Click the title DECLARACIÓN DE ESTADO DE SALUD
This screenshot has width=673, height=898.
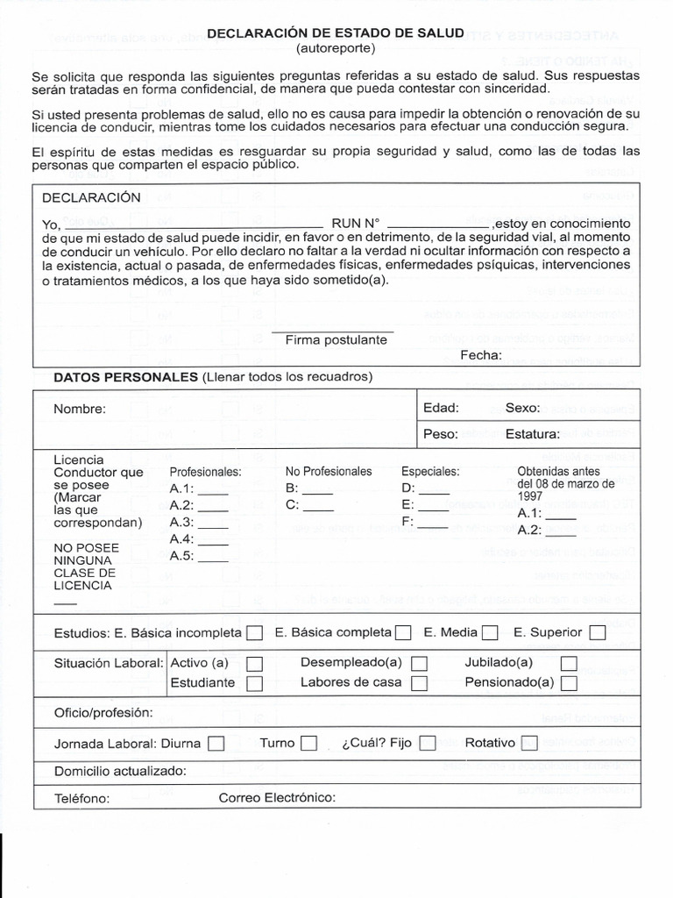click(336, 32)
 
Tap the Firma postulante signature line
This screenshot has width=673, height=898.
click(332, 332)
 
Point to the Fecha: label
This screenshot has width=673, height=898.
click(481, 354)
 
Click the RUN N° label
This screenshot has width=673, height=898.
click(355, 223)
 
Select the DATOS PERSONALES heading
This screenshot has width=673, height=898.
click(126, 376)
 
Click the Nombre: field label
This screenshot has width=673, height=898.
click(79, 409)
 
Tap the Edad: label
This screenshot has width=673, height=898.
click(441, 408)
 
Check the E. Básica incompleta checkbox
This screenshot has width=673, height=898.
click(254, 632)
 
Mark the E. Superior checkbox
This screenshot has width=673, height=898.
click(598, 632)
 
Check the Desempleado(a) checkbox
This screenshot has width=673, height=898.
click(420, 663)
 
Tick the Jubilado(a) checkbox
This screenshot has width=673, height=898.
click(569, 663)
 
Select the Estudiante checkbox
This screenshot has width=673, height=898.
click(254, 682)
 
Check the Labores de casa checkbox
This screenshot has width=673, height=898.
click(420, 682)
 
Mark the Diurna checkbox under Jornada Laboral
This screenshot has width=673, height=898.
click(216, 744)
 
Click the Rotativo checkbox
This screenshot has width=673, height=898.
click(528, 744)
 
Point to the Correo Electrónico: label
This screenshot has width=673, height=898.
click(277, 797)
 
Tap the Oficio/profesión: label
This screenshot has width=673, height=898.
click(103, 712)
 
